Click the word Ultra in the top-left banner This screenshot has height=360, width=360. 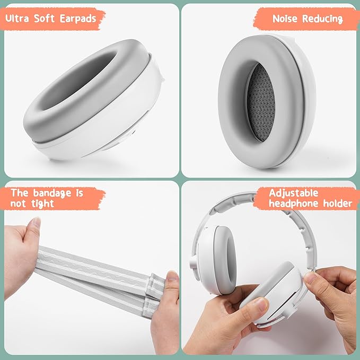[x=17, y=19]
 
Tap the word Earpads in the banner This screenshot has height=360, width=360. [x=78, y=19]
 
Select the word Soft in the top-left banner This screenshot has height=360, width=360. [x=45, y=19]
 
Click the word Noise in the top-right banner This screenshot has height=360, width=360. [x=285, y=19]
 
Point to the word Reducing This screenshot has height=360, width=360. [x=322, y=19]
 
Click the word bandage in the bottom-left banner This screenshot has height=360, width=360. [x=52, y=193]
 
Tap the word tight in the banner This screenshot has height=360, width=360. [x=43, y=204]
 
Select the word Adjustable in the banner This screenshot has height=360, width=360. [x=294, y=193]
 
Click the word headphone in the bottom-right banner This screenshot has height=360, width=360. [x=294, y=204]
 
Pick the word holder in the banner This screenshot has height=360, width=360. [x=338, y=204]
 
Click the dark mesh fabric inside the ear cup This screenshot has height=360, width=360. [x=261, y=102]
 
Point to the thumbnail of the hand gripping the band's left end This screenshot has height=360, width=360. [x=36, y=223]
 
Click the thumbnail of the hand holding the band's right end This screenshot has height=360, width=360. [x=172, y=276]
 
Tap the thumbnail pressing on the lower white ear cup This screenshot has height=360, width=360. [x=260, y=304]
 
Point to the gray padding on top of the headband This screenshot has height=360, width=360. [x=232, y=202]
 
